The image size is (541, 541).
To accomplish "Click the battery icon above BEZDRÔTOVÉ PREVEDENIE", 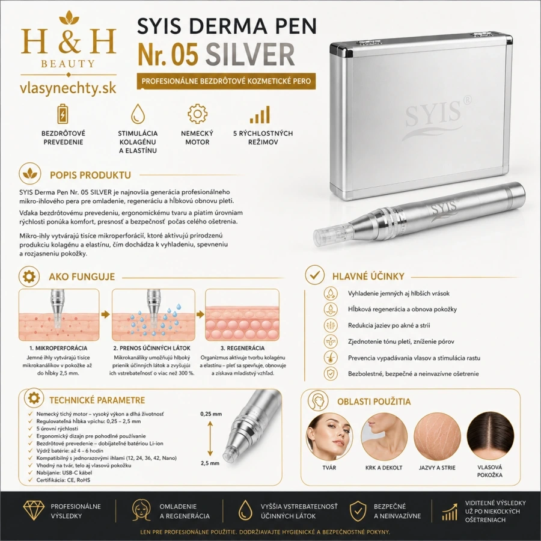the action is click(63, 114).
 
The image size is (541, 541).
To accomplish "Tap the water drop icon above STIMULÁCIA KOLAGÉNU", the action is click(138, 114).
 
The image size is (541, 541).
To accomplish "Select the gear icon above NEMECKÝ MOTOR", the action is click(197, 114).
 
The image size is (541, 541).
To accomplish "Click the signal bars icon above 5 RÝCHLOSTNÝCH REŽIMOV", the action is click(260, 115).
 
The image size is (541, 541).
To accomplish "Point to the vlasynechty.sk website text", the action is click(68, 88).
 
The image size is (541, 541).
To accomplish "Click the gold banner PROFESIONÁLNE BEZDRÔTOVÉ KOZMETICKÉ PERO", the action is click(226, 81).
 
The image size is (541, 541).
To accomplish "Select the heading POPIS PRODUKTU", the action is click(90, 175).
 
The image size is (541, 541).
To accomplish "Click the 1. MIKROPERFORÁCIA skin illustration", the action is click(59, 314).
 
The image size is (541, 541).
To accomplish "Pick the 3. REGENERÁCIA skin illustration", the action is click(242, 314).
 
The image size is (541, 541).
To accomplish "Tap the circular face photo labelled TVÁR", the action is click(329, 436).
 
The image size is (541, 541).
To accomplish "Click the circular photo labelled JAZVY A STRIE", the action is click(437, 436).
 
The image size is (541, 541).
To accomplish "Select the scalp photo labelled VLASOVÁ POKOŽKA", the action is click(490, 436).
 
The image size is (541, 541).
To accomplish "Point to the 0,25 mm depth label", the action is click(211, 414).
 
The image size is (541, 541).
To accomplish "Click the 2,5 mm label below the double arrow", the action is click(210, 463).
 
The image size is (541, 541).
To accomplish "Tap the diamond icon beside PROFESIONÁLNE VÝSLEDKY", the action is click(34, 510).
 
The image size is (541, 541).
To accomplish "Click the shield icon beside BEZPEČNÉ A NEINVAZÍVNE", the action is click(358, 511).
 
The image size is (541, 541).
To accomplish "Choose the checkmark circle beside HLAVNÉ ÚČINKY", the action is click(314, 275).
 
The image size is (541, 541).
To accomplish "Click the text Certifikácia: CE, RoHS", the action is click(63, 480).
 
